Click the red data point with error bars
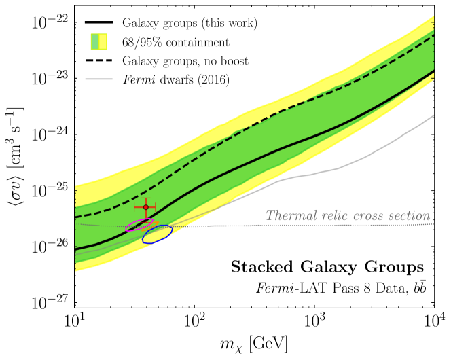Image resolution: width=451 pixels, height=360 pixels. click(145, 206)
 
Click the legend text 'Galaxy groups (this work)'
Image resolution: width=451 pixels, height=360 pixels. click(189, 23)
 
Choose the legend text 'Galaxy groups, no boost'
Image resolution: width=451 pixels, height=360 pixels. click(185, 61)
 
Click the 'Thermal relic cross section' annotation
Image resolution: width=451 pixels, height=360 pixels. click(349, 215)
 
